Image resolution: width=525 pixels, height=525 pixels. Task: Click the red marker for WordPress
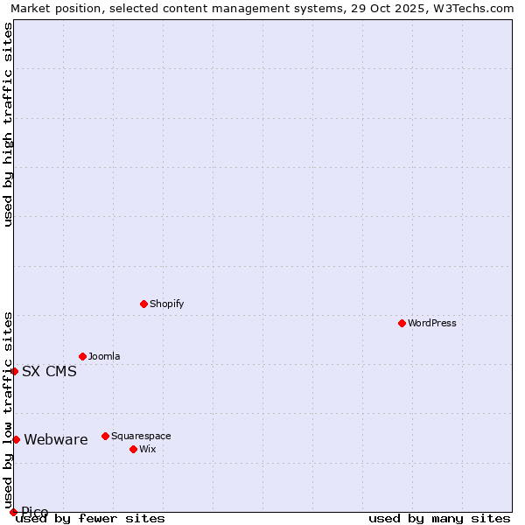(402, 323)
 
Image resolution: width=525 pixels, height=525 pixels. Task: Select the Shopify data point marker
(143, 304)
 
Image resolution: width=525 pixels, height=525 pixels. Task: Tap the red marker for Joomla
(82, 356)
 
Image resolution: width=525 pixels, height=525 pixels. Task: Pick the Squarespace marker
(105, 436)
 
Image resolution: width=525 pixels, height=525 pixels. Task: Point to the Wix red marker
(133, 449)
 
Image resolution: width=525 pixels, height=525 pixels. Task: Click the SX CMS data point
(14, 371)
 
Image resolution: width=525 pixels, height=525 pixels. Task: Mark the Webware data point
(16, 439)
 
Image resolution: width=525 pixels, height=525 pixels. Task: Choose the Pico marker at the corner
(13, 512)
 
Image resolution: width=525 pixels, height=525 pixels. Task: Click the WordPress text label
(432, 323)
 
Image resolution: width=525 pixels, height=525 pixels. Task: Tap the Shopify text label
(166, 304)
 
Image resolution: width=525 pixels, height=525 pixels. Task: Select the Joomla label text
(104, 356)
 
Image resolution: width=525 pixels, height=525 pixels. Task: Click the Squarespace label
(141, 436)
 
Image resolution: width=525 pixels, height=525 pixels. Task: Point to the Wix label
(148, 449)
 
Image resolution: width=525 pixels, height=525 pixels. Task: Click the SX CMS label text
(49, 371)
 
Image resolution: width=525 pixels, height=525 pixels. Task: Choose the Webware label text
(56, 439)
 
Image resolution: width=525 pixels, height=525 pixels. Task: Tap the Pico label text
(35, 512)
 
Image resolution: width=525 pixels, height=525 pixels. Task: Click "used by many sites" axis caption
(439, 519)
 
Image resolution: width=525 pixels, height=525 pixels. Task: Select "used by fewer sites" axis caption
(90, 519)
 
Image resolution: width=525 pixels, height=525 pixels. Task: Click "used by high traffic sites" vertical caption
(8, 124)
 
